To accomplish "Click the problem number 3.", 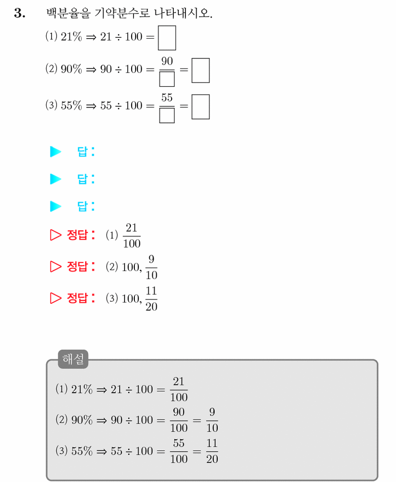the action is (x=20, y=13).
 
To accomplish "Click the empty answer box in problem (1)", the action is (x=167, y=38).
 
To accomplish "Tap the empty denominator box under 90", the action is (x=167, y=79).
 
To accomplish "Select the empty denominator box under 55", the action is (x=167, y=116).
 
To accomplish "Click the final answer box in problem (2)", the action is (x=201, y=70).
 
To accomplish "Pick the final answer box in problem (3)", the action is (x=201, y=107).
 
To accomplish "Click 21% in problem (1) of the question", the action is (x=72, y=37).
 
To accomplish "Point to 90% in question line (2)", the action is (x=72, y=69).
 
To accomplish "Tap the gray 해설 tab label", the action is (x=73, y=359).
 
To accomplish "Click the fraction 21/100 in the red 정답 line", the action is (x=132, y=236).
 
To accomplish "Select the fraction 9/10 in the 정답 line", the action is (x=151, y=267).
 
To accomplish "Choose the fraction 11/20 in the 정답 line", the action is (x=151, y=298).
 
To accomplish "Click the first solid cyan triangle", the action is (x=56, y=152).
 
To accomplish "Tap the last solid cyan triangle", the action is (x=56, y=206).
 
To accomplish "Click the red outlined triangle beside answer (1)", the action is (x=56, y=235).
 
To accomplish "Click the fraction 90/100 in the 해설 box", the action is (x=179, y=420).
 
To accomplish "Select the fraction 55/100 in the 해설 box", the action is (x=179, y=451).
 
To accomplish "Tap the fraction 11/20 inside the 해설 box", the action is (x=212, y=451).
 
